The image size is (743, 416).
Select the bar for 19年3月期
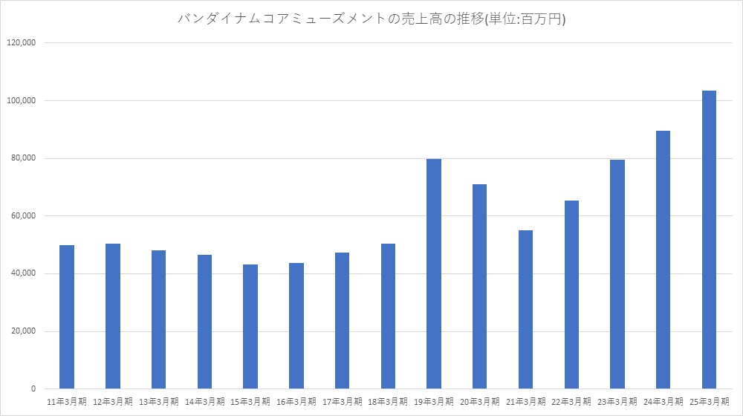[x=434, y=274]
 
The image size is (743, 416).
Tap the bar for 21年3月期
[x=525, y=310]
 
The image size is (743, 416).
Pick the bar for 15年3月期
[x=250, y=327]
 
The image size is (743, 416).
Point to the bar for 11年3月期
[x=67, y=317]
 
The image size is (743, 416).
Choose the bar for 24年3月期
[x=663, y=260]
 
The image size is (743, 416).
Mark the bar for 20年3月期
[x=479, y=287]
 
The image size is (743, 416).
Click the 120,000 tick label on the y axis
[x=23, y=43]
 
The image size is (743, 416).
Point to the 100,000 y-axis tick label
[x=23, y=101]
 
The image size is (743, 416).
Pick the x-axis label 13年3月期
[x=159, y=401]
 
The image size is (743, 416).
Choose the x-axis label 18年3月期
[x=388, y=401]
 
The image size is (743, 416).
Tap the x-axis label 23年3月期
[x=617, y=401]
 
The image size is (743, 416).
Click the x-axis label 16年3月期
[x=296, y=401]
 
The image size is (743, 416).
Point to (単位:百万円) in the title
[x=525, y=19]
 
